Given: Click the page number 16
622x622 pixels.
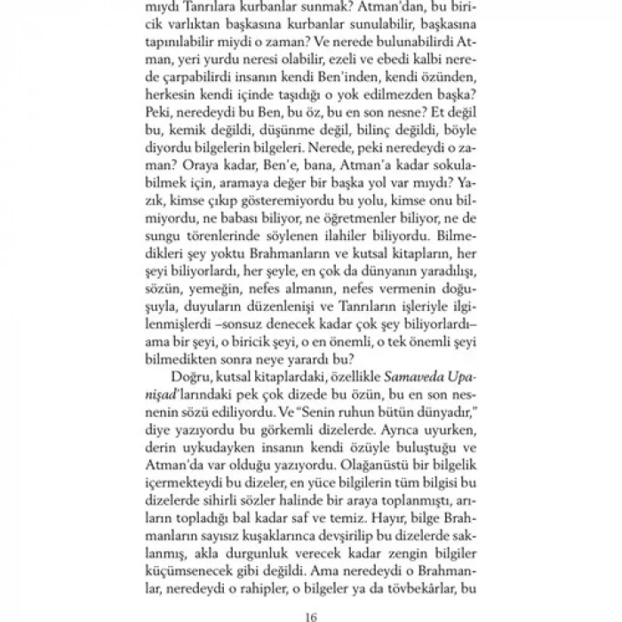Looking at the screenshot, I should point(310,612).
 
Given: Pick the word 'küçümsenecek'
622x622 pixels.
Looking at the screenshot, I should point(185,564).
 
